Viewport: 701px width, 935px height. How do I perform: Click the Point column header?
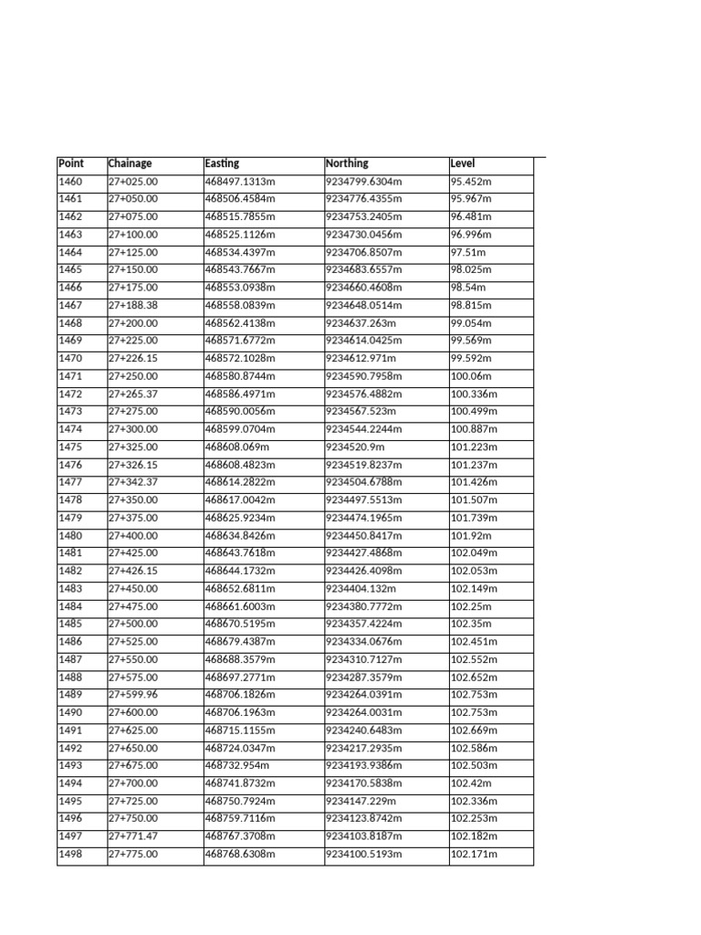click(x=71, y=163)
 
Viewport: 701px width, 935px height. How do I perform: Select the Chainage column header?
click(x=131, y=163)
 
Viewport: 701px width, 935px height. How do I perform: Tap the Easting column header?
click(x=223, y=163)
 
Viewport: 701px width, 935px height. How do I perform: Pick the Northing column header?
click(x=348, y=163)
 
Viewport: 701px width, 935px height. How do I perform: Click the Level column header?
click(x=463, y=163)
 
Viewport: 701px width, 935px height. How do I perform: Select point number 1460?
click(x=70, y=182)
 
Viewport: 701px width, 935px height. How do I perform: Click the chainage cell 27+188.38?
click(x=133, y=305)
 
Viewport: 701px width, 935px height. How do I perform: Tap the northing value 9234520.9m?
click(x=356, y=447)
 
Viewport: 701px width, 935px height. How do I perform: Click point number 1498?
click(x=70, y=855)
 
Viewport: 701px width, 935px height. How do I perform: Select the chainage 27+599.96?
click(x=133, y=695)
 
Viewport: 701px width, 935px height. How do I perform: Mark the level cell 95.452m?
click(x=471, y=182)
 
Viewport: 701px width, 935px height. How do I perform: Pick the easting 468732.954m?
click(x=237, y=766)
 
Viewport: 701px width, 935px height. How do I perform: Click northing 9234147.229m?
click(x=361, y=801)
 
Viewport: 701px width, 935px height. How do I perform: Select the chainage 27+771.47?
click(x=133, y=836)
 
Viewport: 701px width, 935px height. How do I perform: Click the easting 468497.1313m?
click(x=241, y=182)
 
